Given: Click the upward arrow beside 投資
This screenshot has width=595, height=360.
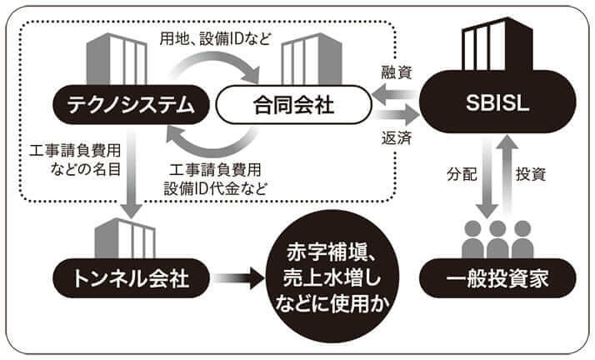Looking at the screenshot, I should tap(504, 175).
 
